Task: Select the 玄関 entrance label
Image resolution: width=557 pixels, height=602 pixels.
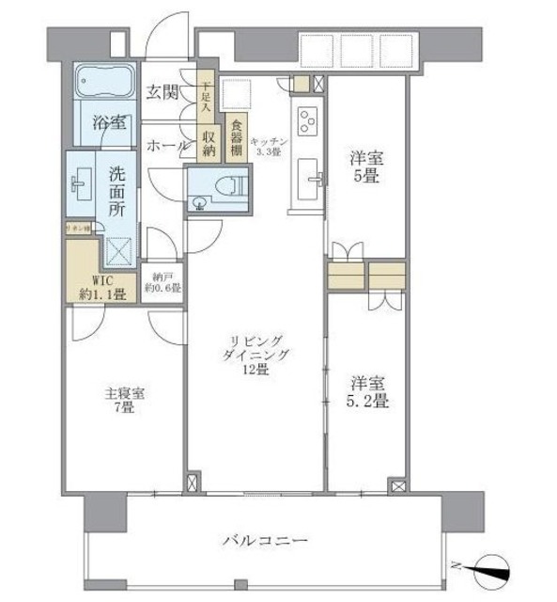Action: coord(163,92)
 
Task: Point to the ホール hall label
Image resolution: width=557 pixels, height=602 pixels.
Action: coord(166,146)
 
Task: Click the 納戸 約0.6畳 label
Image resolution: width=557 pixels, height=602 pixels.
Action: coord(163,282)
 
